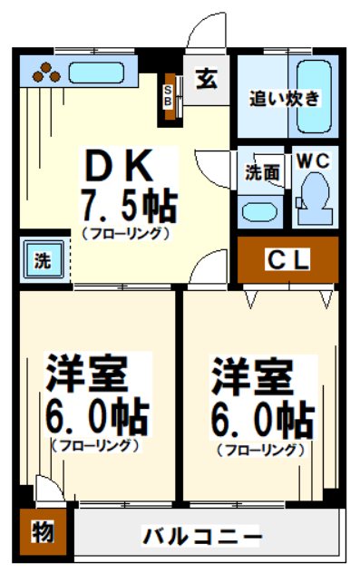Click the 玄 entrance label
(x=207, y=79)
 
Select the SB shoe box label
(x=169, y=95)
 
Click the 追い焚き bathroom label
(x=286, y=98)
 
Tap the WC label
(x=314, y=160)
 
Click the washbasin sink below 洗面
(x=259, y=210)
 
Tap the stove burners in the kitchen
(x=46, y=73)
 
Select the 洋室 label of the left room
(x=87, y=376)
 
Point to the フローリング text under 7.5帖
(x=126, y=234)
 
